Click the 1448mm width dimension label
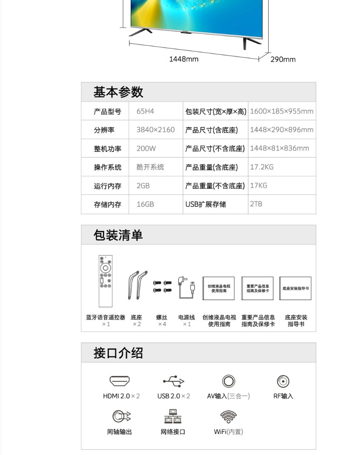tap(183, 59)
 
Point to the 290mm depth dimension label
tap(283, 59)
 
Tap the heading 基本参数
tap(118, 92)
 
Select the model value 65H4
tap(145, 111)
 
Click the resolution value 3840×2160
tap(155, 130)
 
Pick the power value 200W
tap(146, 149)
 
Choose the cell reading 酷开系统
tap(150, 167)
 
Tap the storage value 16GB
tap(145, 204)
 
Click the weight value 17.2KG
tap(262, 167)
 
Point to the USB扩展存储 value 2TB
tap(256, 204)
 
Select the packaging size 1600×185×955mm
tap(281, 111)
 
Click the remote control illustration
tap(106, 281)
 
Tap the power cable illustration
tap(186, 287)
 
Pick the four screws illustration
tap(162, 286)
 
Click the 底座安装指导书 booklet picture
tap(295, 288)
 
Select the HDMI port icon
tap(120, 381)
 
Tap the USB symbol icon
tap(174, 381)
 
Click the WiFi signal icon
tap(228, 417)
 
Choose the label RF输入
tap(283, 396)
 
